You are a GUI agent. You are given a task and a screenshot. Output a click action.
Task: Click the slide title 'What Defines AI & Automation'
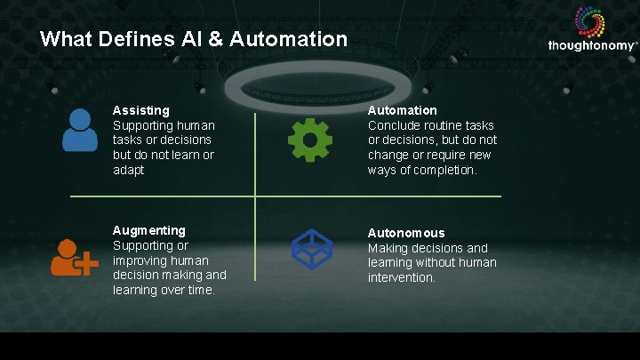pyautogui.click(x=194, y=39)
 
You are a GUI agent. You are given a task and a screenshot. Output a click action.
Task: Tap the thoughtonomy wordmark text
pyautogui.click(x=591, y=45)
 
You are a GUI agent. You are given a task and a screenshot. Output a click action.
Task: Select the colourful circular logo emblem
pyautogui.click(x=590, y=21)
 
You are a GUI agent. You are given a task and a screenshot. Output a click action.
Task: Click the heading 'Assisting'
pyautogui.click(x=140, y=110)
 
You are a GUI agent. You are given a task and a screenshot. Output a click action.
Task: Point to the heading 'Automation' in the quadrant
pyautogui.click(x=403, y=110)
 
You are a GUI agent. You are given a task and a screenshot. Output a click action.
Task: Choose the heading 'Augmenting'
pyautogui.click(x=149, y=230)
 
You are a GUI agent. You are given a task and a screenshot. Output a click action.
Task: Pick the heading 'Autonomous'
pyautogui.click(x=406, y=233)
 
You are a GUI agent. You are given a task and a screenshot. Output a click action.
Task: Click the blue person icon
pyautogui.click(x=80, y=130)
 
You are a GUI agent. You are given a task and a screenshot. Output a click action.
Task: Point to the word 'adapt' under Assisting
pyautogui.click(x=128, y=169)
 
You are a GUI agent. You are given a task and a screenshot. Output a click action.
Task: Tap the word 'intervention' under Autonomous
pyautogui.click(x=402, y=277)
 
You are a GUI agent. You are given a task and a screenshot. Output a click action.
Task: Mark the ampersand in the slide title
pyautogui.click(x=210, y=39)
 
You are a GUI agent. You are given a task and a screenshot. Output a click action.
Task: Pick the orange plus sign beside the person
pyautogui.click(x=89, y=265)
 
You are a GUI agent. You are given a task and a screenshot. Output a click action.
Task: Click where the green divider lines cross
pyautogui.click(x=255, y=196)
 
